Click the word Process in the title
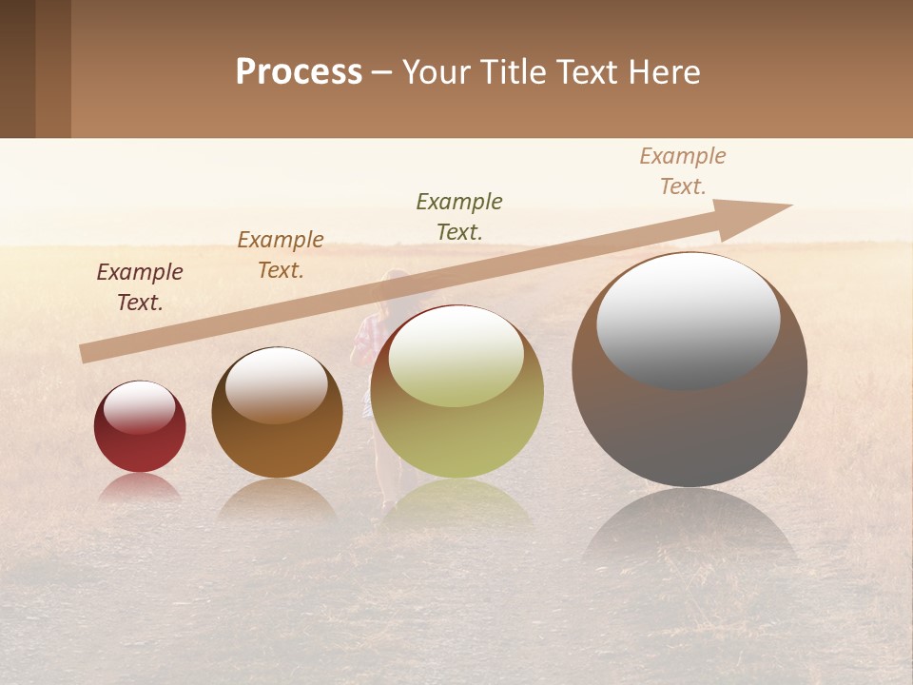point(299,72)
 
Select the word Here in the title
point(665,72)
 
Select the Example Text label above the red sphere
point(140,287)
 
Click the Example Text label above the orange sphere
point(281,255)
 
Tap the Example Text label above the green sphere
point(459,217)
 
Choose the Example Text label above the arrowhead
point(683,171)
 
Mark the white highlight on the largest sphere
point(688,319)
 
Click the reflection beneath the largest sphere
point(690,533)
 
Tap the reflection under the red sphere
point(140,487)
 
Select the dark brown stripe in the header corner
point(18,68)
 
